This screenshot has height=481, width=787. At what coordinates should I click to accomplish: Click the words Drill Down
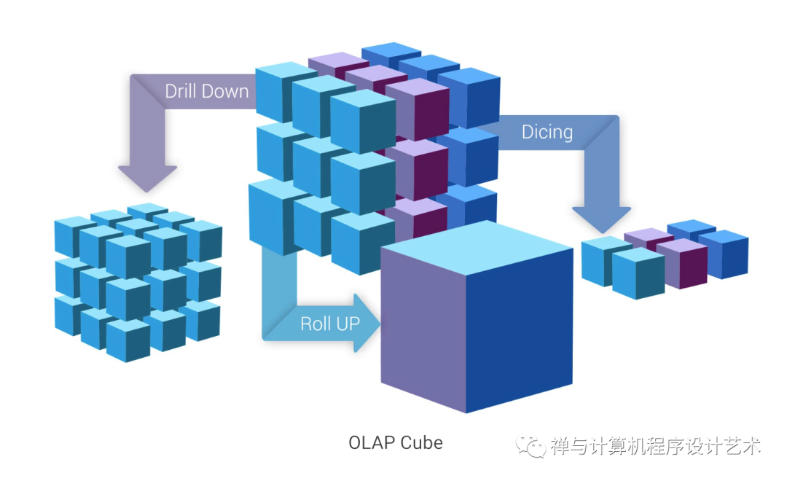tap(206, 91)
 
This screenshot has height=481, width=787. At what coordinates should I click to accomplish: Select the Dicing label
tap(547, 132)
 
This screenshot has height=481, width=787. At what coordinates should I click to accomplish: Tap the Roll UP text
tap(330, 324)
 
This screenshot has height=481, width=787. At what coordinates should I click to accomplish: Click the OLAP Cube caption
tap(395, 442)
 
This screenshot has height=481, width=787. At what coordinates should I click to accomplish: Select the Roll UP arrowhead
tap(368, 323)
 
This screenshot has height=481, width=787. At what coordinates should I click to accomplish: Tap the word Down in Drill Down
tap(226, 91)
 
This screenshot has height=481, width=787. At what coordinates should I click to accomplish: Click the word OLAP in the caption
tap(371, 442)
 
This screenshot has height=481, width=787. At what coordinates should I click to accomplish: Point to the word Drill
tap(180, 91)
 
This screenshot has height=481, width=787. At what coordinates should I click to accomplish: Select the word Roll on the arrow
tap(316, 324)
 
